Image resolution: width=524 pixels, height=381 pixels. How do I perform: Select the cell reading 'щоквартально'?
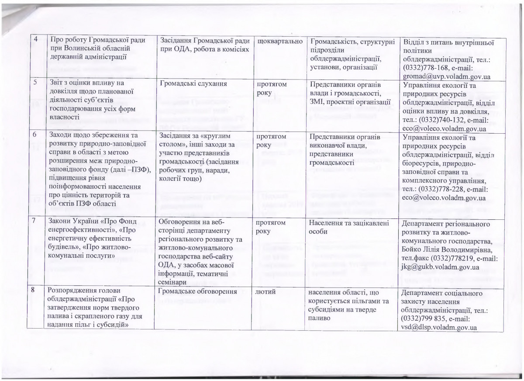280,41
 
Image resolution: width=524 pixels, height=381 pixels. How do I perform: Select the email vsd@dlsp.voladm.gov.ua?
438,327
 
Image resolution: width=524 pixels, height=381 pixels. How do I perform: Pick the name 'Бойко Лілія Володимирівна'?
448,249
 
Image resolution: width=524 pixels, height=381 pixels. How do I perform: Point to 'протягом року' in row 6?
272,140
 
